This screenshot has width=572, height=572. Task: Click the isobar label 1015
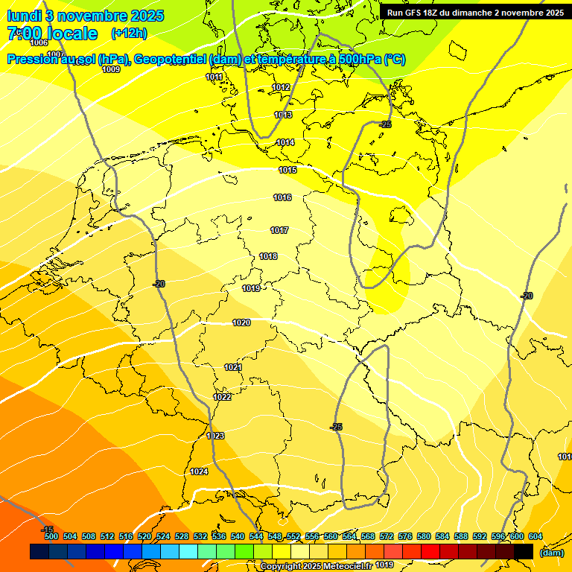(287, 171)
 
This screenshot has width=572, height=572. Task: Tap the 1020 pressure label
(241, 322)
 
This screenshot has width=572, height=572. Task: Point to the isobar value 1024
(199, 471)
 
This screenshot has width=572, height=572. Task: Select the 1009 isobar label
(111, 69)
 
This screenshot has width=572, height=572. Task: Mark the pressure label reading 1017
(279, 230)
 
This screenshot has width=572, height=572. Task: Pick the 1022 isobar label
(222, 397)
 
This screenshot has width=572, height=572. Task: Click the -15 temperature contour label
(47, 529)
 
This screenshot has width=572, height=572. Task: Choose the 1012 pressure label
(281, 87)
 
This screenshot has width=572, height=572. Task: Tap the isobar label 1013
(283, 115)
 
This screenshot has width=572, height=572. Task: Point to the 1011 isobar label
(214, 77)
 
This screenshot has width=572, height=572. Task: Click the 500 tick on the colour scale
(51, 536)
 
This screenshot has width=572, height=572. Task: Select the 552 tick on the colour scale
(293, 536)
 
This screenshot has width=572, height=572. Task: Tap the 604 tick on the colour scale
(536, 536)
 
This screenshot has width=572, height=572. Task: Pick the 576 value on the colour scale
(405, 536)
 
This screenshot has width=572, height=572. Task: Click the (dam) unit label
(551, 553)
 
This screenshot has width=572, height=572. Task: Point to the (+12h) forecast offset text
(129, 33)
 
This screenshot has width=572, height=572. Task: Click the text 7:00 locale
(52, 34)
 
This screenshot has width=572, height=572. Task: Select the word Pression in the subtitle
(34, 60)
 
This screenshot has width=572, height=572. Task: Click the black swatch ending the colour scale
(524, 552)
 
